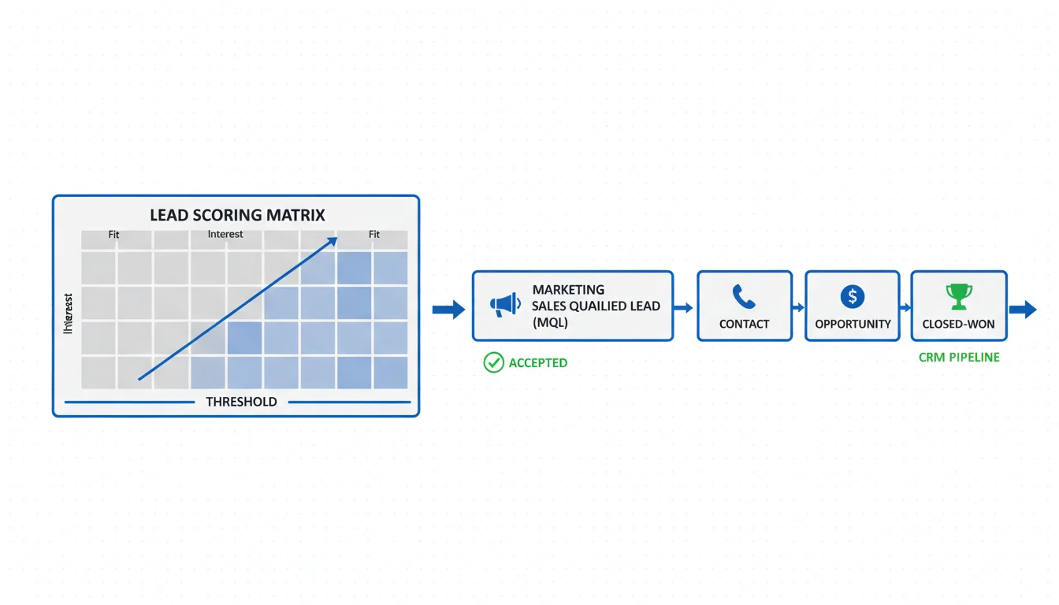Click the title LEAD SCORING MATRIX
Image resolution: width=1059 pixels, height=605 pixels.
pyautogui.click(x=237, y=215)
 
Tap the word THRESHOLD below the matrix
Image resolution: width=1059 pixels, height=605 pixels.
pyautogui.click(x=241, y=402)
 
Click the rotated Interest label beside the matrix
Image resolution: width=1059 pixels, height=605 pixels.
pyautogui.click(x=69, y=314)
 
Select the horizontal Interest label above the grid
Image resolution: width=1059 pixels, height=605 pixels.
pyautogui.click(x=225, y=234)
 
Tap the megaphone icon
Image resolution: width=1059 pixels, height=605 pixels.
pyautogui.click(x=505, y=305)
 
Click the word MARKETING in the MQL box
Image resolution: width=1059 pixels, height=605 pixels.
pyautogui.click(x=568, y=290)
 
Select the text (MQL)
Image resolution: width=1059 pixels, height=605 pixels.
pyautogui.click(x=550, y=322)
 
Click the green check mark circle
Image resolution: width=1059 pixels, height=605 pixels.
pyautogui.click(x=494, y=362)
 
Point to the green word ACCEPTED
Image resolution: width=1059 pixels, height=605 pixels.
pyautogui.click(x=538, y=363)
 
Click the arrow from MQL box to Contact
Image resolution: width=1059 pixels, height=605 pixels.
pyautogui.click(x=684, y=308)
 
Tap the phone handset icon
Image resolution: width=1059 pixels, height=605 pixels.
pyautogui.click(x=744, y=297)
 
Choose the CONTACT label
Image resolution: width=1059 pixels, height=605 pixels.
pyautogui.click(x=744, y=324)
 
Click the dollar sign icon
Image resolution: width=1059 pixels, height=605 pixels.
pyautogui.click(x=853, y=297)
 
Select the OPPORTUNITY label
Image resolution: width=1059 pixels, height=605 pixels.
pyautogui.click(x=853, y=324)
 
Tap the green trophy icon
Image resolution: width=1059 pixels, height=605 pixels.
pyautogui.click(x=959, y=297)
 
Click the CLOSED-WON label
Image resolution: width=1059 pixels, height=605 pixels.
pyautogui.click(x=959, y=324)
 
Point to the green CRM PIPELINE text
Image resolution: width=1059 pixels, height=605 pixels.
pyautogui.click(x=959, y=358)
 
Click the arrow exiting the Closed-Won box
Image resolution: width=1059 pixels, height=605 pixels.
pyautogui.click(x=1023, y=309)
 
